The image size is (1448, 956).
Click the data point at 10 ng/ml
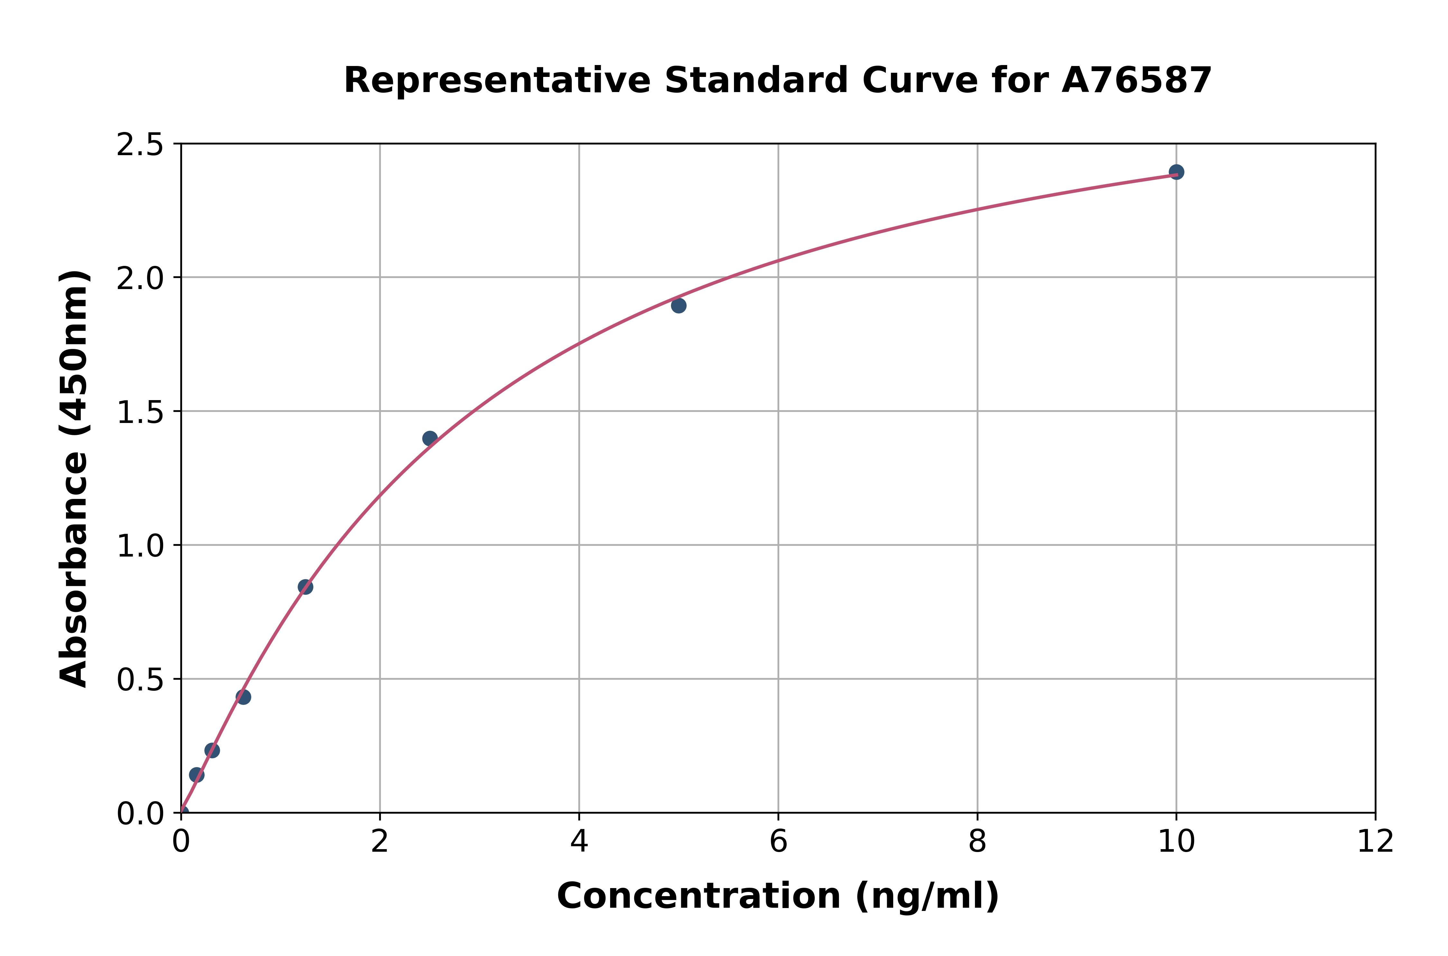point(1176,172)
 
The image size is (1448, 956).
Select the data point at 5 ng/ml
point(678,305)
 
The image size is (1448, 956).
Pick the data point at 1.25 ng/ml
point(305,587)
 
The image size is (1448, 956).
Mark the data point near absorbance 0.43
point(243,697)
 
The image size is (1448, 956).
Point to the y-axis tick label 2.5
point(140,145)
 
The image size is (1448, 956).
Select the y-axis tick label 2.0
point(140,279)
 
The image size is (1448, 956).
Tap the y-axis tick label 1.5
point(140,412)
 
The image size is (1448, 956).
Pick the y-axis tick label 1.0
point(140,546)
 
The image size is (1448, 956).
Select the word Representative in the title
point(497,80)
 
